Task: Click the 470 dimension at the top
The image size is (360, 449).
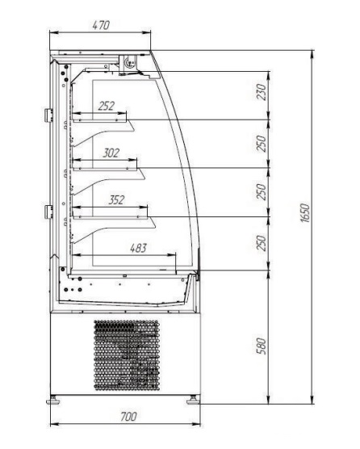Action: pos(101,25)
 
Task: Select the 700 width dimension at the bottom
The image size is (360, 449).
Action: pos(128,417)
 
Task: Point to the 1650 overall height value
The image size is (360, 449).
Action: pos(305,212)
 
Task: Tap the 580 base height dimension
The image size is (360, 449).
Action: pos(262,346)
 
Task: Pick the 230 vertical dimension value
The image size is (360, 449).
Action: pos(262,92)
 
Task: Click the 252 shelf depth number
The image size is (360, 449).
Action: pos(107,106)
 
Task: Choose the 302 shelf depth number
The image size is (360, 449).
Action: pos(111,153)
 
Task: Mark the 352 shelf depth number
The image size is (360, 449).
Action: pos(116,200)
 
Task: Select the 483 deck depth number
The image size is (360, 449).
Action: pos(139,248)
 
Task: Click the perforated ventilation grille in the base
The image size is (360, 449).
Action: pos(127,355)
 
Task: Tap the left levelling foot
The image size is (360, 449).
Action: pos(53,400)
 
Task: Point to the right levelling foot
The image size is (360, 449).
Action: pos(194,400)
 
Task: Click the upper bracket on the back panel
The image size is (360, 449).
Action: pos(48,115)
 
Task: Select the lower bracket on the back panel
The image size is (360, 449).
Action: pos(48,212)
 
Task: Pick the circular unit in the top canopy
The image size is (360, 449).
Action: pos(130,61)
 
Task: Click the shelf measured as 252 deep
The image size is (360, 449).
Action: pos(99,120)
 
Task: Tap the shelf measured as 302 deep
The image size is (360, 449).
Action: pos(105,168)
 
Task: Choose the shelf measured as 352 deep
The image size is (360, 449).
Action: pos(110,217)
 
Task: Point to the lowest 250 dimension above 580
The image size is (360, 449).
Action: pos(262,243)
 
